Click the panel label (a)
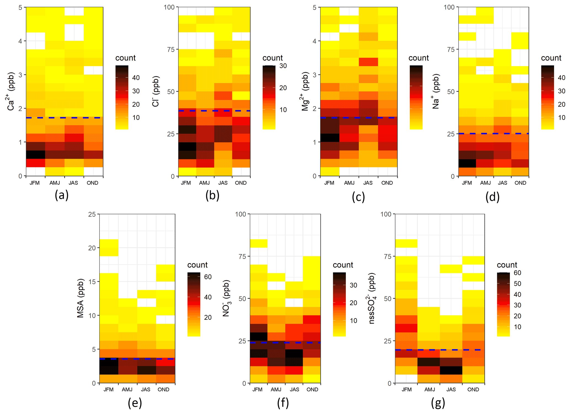click(x=61, y=195)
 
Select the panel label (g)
click(x=438, y=403)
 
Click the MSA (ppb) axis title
click(x=80, y=299)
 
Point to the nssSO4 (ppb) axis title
click(x=372, y=299)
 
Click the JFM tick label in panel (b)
click(x=186, y=183)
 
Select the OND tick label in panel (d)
click(x=520, y=183)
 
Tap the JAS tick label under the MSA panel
click(x=146, y=390)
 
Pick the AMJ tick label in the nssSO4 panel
click(x=430, y=390)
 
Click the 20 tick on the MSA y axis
click(x=92, y=248)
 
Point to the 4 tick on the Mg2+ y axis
click(x=314, y=41)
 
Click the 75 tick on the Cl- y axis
click(x=171, y=50)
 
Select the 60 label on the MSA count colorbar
click(x=208, y=277)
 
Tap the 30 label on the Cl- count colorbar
click(x=283, y=66)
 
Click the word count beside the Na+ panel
click(x=551, y=58)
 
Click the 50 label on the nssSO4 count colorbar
click(x=517, y=284)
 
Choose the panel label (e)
click(x=135, y=403)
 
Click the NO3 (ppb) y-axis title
click(x=226, y=299)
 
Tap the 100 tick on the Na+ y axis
click(x=449, y=7)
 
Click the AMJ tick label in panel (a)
click(x=55, y=183)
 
